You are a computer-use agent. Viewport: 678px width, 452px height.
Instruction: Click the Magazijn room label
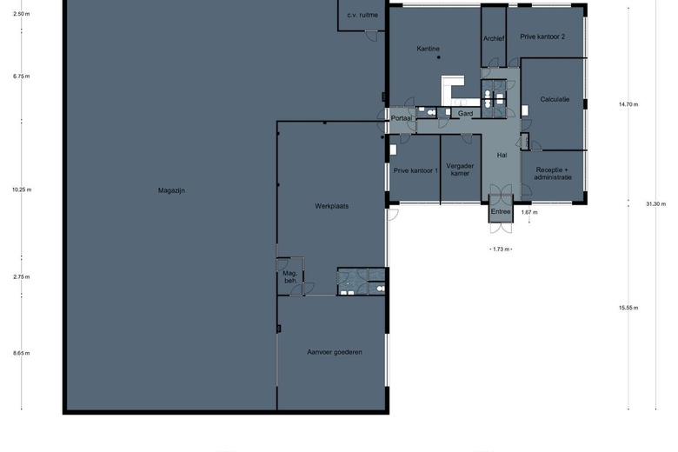click(x=172, y=189)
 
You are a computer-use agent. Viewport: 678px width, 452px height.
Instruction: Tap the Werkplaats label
click(x=331, y=206)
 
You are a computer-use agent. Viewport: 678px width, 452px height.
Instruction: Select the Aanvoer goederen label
click(x=335, y=352)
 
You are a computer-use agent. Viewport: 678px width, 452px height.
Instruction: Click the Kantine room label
click(x=428, y=49)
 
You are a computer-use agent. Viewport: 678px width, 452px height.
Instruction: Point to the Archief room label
click(x=494, y=38)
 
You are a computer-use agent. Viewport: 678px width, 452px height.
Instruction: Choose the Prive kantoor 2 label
click(x=542, y=37)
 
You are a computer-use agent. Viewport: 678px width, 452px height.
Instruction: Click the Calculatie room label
click(x=555, y=99)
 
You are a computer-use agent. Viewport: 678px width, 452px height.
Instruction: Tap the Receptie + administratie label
click(x=554, y=173)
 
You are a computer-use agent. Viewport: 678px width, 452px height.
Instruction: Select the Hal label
click(x=502, y=155)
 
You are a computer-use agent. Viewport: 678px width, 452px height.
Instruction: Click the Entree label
click(x=501, y=211)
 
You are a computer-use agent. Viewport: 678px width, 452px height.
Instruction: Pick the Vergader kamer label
click(x=458, y=169)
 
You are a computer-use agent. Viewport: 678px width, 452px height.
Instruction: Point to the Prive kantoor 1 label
click(x=415, y=170)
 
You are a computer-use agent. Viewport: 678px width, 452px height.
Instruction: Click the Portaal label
click(x=401, y=118)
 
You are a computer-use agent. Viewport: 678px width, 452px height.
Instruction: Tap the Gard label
click(x=466, y=113)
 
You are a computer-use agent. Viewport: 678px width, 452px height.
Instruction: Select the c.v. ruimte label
click(x=362, y=15)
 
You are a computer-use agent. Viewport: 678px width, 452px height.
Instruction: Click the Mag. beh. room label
click(x=290, y=278)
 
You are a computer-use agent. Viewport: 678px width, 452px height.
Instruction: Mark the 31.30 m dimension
click(x=656, y=204)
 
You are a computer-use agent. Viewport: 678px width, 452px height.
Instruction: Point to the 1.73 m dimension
click(x=501, y=249)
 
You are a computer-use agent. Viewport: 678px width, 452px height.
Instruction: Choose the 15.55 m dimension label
click(x=628, y=307)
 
